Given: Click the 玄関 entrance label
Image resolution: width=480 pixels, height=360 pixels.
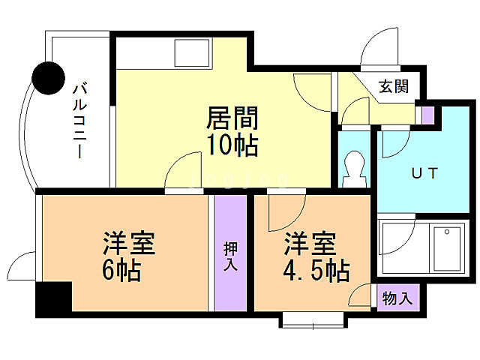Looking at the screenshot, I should [x=393, y=86].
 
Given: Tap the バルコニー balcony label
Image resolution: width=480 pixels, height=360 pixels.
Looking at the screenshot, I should [x=77, y=120].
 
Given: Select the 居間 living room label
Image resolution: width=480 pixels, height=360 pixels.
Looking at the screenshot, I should [x=232, y=118].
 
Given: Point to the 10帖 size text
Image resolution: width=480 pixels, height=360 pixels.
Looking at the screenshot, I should [x=232, y=144].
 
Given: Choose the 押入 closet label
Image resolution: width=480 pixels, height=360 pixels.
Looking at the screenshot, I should [x=231, y=256].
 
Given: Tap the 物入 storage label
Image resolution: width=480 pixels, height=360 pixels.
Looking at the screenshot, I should [x=397, y=298].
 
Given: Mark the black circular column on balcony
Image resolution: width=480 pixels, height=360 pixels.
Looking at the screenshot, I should [x=49, y=76].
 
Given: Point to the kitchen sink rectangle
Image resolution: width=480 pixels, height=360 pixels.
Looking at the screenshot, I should [x=193, y=52].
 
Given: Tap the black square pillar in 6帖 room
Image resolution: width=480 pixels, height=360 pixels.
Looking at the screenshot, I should [x=52, y=297].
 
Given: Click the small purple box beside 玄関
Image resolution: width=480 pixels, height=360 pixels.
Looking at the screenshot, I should [x=427, y=115].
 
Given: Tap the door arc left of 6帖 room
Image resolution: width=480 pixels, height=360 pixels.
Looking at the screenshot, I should [x=20, y=266].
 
